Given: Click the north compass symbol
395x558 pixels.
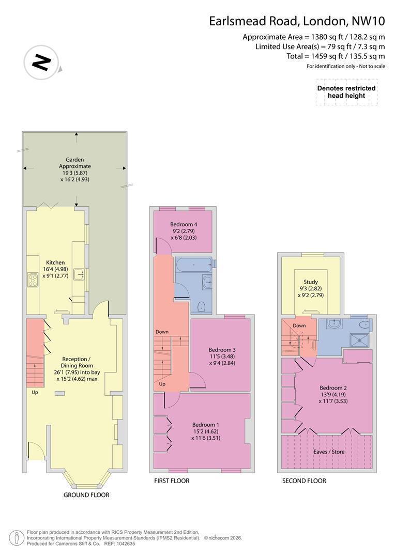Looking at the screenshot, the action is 41,63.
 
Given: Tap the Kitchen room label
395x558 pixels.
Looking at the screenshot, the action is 55,262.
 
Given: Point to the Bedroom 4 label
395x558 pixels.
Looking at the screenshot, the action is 184,225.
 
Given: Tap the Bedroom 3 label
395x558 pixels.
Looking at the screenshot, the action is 222,350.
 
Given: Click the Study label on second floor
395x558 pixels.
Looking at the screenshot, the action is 311,282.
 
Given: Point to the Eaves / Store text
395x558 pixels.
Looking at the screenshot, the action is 329,452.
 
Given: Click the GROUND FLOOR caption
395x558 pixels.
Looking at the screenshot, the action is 86,494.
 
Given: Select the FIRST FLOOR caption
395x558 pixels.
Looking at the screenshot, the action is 172,481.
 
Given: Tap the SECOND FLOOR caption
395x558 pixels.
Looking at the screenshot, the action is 304,481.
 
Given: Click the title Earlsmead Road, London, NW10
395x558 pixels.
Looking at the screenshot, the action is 297,21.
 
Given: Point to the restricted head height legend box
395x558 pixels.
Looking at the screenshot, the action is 346,92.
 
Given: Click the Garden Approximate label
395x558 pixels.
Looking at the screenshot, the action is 75,163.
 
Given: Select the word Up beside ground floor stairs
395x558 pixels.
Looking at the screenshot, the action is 35,393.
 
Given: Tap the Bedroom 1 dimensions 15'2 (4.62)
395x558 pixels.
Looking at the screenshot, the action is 206,431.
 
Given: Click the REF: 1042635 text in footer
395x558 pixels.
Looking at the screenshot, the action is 119,544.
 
